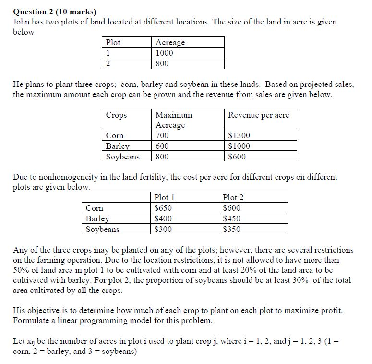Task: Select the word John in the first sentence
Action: (x=21, y=22)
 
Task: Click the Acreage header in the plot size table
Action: (x=170, y=42)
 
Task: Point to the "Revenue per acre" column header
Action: (x=258, y=115)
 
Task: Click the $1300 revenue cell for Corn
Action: (x=239, y=135)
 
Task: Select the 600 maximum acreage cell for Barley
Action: (x=162, y=146)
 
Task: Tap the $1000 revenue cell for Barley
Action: (x=239, y=146)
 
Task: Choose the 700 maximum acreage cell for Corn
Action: (x=162, y=135)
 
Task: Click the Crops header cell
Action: (x=116, y=115)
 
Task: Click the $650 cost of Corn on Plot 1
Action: (x=163, y=208)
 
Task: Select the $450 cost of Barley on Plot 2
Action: (x=232, y=218)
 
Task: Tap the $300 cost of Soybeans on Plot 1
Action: (x=163, y=229)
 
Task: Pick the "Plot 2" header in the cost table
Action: (x=233, y=197)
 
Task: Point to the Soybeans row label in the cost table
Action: (x=102, y=229)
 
